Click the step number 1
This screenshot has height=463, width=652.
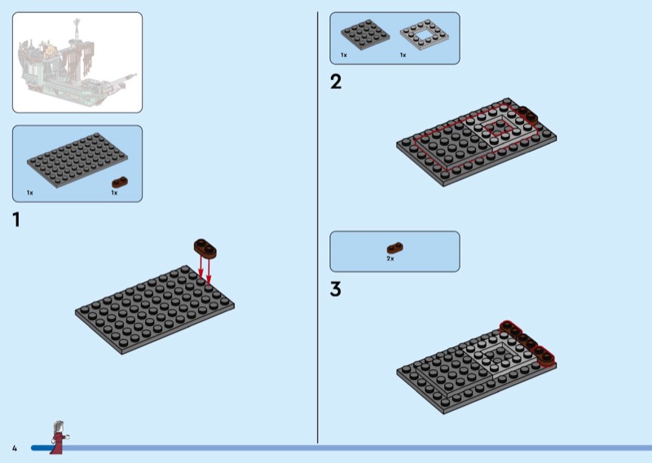tap(16, 219)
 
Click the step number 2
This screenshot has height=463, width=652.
tap(336, 82)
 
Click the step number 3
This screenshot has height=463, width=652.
tap(336, 289)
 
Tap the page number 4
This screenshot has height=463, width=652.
tap(15, 448)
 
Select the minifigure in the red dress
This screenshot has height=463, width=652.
tap(59, 438)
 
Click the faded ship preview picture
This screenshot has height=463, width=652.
tap(77, 63)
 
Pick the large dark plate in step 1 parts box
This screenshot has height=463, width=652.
tap(77, 161)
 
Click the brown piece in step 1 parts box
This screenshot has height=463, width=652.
tap(120, 183)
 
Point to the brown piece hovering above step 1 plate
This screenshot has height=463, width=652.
tap(205, 249)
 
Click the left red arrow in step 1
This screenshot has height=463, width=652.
tap(200, 267)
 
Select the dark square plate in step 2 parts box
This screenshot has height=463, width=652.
tap(365, 34)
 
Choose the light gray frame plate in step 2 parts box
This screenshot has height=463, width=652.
tap(425, 35)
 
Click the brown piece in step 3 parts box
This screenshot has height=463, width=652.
tap(395, 248)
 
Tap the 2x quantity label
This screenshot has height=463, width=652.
tap(390, 258)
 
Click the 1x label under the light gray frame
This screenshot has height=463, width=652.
tap(403, 55)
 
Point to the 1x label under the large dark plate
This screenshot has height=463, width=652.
tap(30, 192)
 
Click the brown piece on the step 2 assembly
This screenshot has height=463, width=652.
tap(527, 114)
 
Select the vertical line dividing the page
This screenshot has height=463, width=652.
tap(318, 227)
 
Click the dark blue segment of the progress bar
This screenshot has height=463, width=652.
tap(42, 448)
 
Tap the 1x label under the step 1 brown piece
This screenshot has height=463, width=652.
tap(114, 192)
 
